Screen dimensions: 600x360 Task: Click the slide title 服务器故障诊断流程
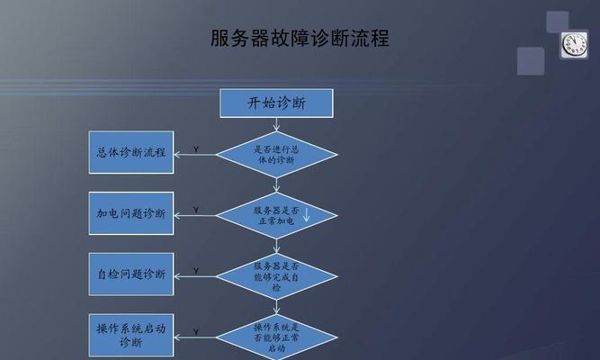pos(300,39)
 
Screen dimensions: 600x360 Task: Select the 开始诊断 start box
pos(276,103)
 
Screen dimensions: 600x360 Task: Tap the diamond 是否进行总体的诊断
pos(276,155)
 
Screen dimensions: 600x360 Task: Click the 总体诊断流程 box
pos(131,152)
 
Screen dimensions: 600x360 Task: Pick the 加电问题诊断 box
pos(131,213)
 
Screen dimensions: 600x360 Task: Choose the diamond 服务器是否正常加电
pos(276,216)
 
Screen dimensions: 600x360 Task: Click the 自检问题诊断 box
pos(131,274)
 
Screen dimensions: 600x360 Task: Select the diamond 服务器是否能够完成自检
pos(276,276)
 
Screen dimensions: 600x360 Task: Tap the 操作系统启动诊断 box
pos(131,336)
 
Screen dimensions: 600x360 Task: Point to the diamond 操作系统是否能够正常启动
pos(276,337)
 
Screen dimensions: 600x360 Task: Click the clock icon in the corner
pos(574,45)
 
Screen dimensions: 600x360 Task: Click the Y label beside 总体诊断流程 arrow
pos(196,149)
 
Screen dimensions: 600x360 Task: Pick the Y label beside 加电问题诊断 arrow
pos(196,210)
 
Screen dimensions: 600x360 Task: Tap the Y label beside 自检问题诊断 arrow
pos(196,271)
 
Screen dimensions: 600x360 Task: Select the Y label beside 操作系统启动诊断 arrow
pos(196,332)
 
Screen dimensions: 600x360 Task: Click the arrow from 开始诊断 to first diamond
pos(276,124)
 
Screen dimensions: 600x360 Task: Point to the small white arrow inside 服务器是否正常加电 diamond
pos(306,214)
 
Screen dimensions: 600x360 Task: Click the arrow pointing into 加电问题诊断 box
pos(195,216)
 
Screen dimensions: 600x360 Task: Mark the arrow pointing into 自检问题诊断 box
pos(195,276)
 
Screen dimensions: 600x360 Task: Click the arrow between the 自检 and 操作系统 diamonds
pos(276,307)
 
